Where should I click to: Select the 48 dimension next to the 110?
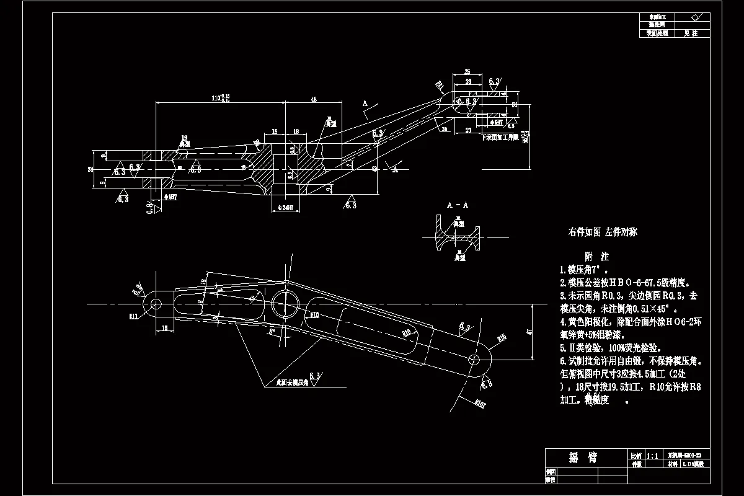314,99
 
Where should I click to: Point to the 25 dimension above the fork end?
467,71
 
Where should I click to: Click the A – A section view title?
458,204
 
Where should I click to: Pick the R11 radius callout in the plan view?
133,316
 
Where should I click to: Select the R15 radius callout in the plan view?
502,338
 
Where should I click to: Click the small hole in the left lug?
156,304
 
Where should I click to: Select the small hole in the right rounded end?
476,360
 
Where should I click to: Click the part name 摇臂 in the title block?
583,458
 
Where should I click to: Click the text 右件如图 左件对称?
603,232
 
